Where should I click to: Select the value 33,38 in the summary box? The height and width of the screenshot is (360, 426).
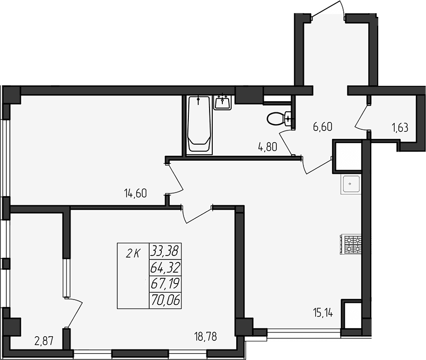pyautogui.click(x=164, y=249)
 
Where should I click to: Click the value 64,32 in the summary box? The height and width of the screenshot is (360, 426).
pyautogui.click(x=165, y=267)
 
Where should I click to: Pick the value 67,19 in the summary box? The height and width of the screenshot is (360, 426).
pyautogui.click(x=165, y=284)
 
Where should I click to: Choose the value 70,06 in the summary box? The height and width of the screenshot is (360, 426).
pyautogui.click(x=166, y=301)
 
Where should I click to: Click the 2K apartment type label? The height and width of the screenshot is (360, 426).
pyautogui.click(x=133, y=253)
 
